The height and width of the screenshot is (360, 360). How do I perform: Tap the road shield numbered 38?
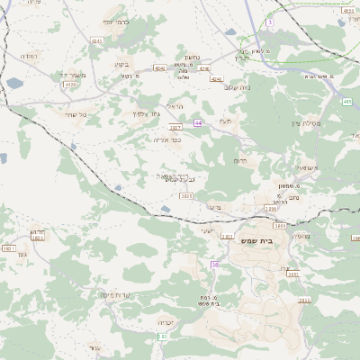215,264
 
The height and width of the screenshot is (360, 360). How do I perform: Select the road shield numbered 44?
197,122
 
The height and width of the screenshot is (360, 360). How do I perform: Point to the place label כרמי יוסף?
117,21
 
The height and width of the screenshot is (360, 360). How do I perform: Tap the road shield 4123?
69,85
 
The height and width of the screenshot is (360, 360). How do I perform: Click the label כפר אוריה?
166,139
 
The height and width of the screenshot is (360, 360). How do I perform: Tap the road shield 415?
346,103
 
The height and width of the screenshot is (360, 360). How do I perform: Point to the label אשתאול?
310,168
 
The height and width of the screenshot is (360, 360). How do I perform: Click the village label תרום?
240,160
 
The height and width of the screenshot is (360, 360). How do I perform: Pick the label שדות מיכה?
116,293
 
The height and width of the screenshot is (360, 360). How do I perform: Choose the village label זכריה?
165,321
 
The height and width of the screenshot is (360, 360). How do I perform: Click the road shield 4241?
97,40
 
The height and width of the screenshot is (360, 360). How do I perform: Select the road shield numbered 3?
269,22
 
